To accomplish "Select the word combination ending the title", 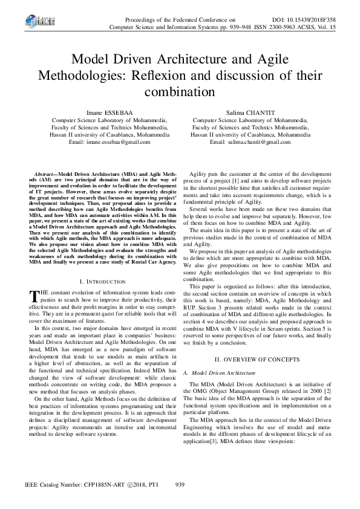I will (179, 92).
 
